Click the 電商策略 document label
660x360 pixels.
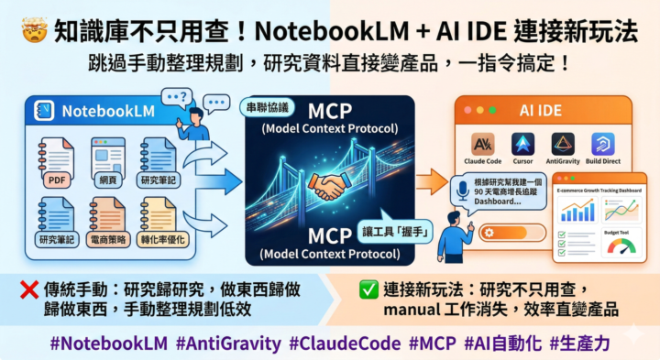click(108, 239)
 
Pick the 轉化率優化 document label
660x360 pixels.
click(159, 239)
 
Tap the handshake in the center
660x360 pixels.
click(327, 187)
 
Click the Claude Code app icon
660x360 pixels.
click(483, 144)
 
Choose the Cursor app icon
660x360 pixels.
click(523, 144)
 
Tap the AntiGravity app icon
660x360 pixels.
click(563, 144)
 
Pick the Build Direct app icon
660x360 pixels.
click(603, 144)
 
